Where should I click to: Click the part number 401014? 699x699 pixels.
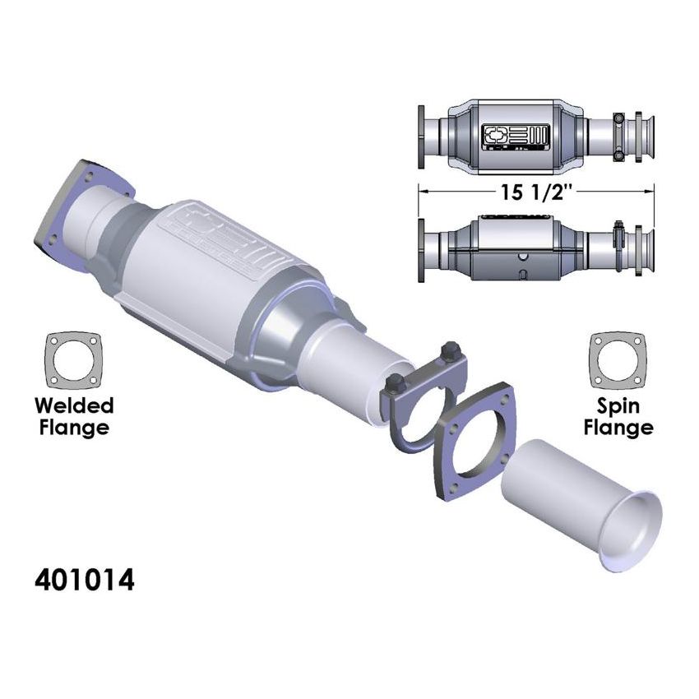pos(84,580)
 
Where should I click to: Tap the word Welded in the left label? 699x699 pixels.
pos(74,405)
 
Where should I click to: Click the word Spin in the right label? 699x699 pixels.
pos(621,405)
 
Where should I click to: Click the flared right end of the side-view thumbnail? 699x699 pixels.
pos(649,245)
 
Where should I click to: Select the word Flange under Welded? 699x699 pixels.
pos(74,428)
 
